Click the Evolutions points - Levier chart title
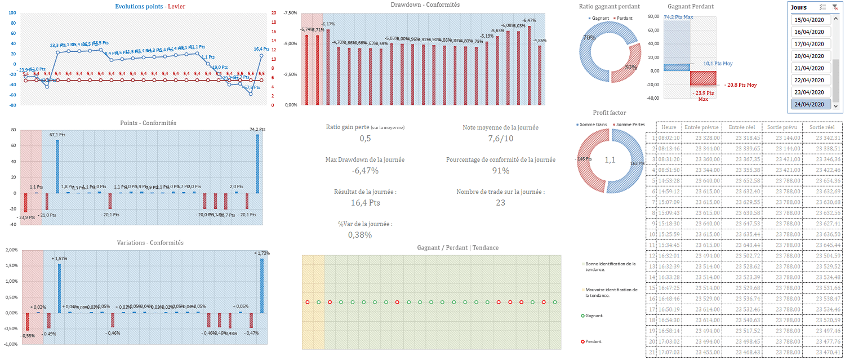(149, 7)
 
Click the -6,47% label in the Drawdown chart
(529, 20)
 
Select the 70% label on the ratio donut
(590, 38)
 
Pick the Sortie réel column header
(821, 127)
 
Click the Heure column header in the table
(669, 127)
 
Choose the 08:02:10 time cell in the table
(669, 138)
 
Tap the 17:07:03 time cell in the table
(669, 352)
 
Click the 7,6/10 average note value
(500, 139)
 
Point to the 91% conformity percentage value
(500, 171)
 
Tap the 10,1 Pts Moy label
(718, 64)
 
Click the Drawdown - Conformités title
(425, 5)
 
